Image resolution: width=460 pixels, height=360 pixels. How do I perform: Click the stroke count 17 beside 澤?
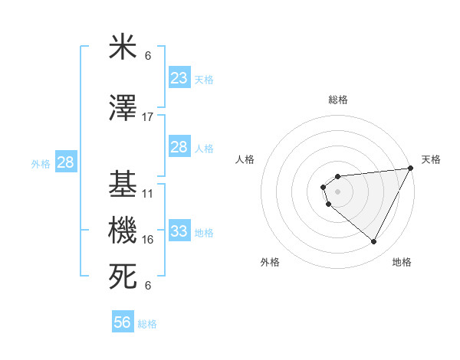tap(148, 117)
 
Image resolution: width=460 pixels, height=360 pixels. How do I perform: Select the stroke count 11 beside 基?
tap(148, 194)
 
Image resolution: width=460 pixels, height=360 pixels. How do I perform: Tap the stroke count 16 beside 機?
tap(148, 240)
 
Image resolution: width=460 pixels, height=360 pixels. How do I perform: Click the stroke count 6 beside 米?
tap(148, 56)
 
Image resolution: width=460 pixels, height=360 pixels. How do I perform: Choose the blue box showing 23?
tap(179, 78)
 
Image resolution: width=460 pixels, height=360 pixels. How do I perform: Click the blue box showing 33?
tap(179, 231)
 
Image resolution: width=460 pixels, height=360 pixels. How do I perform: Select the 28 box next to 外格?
tap(65, 162)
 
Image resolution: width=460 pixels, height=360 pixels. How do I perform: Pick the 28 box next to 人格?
tap(179, 147)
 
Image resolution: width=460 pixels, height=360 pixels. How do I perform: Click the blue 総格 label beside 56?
tap(147, 324)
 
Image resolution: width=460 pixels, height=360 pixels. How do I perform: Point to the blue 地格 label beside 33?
tap(205, 232)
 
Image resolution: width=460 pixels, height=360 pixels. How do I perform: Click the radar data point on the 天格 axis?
tap(412, 169)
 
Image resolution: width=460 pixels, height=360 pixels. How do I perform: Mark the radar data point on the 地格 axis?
tap(374, 242)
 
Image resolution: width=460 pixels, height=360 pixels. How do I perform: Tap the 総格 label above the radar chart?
tap(338, 100)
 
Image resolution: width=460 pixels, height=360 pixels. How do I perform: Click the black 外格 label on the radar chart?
tap(270, 262)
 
